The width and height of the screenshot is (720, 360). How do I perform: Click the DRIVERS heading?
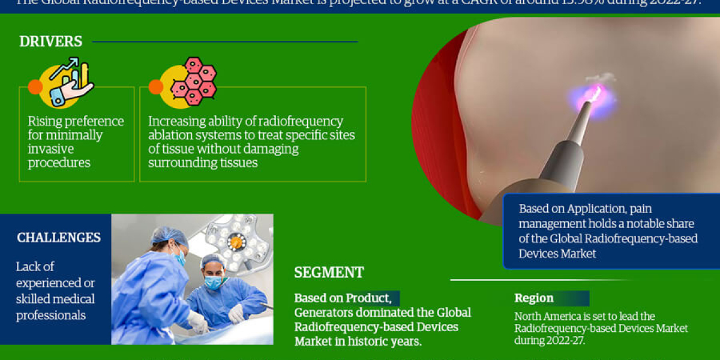pos(50,41)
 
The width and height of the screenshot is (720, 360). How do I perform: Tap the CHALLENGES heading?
pos(59,238)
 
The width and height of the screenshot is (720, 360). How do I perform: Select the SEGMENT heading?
pos(329,272)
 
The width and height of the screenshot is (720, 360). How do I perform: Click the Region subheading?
pos(534,298)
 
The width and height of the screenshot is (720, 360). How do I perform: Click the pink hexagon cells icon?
pos(193,82)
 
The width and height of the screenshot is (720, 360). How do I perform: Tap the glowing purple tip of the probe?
pos(591,97)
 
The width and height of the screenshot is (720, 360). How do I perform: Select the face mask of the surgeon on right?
pos(213,282)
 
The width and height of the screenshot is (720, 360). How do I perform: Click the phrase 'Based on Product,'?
pos(343,298)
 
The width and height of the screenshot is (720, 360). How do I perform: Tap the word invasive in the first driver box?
pos(51,149)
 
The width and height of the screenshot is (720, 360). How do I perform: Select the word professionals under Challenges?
pos(50,315)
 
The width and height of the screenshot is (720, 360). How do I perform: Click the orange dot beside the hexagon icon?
pos(155,87)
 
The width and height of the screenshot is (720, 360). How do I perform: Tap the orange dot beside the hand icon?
pos(35,87)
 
